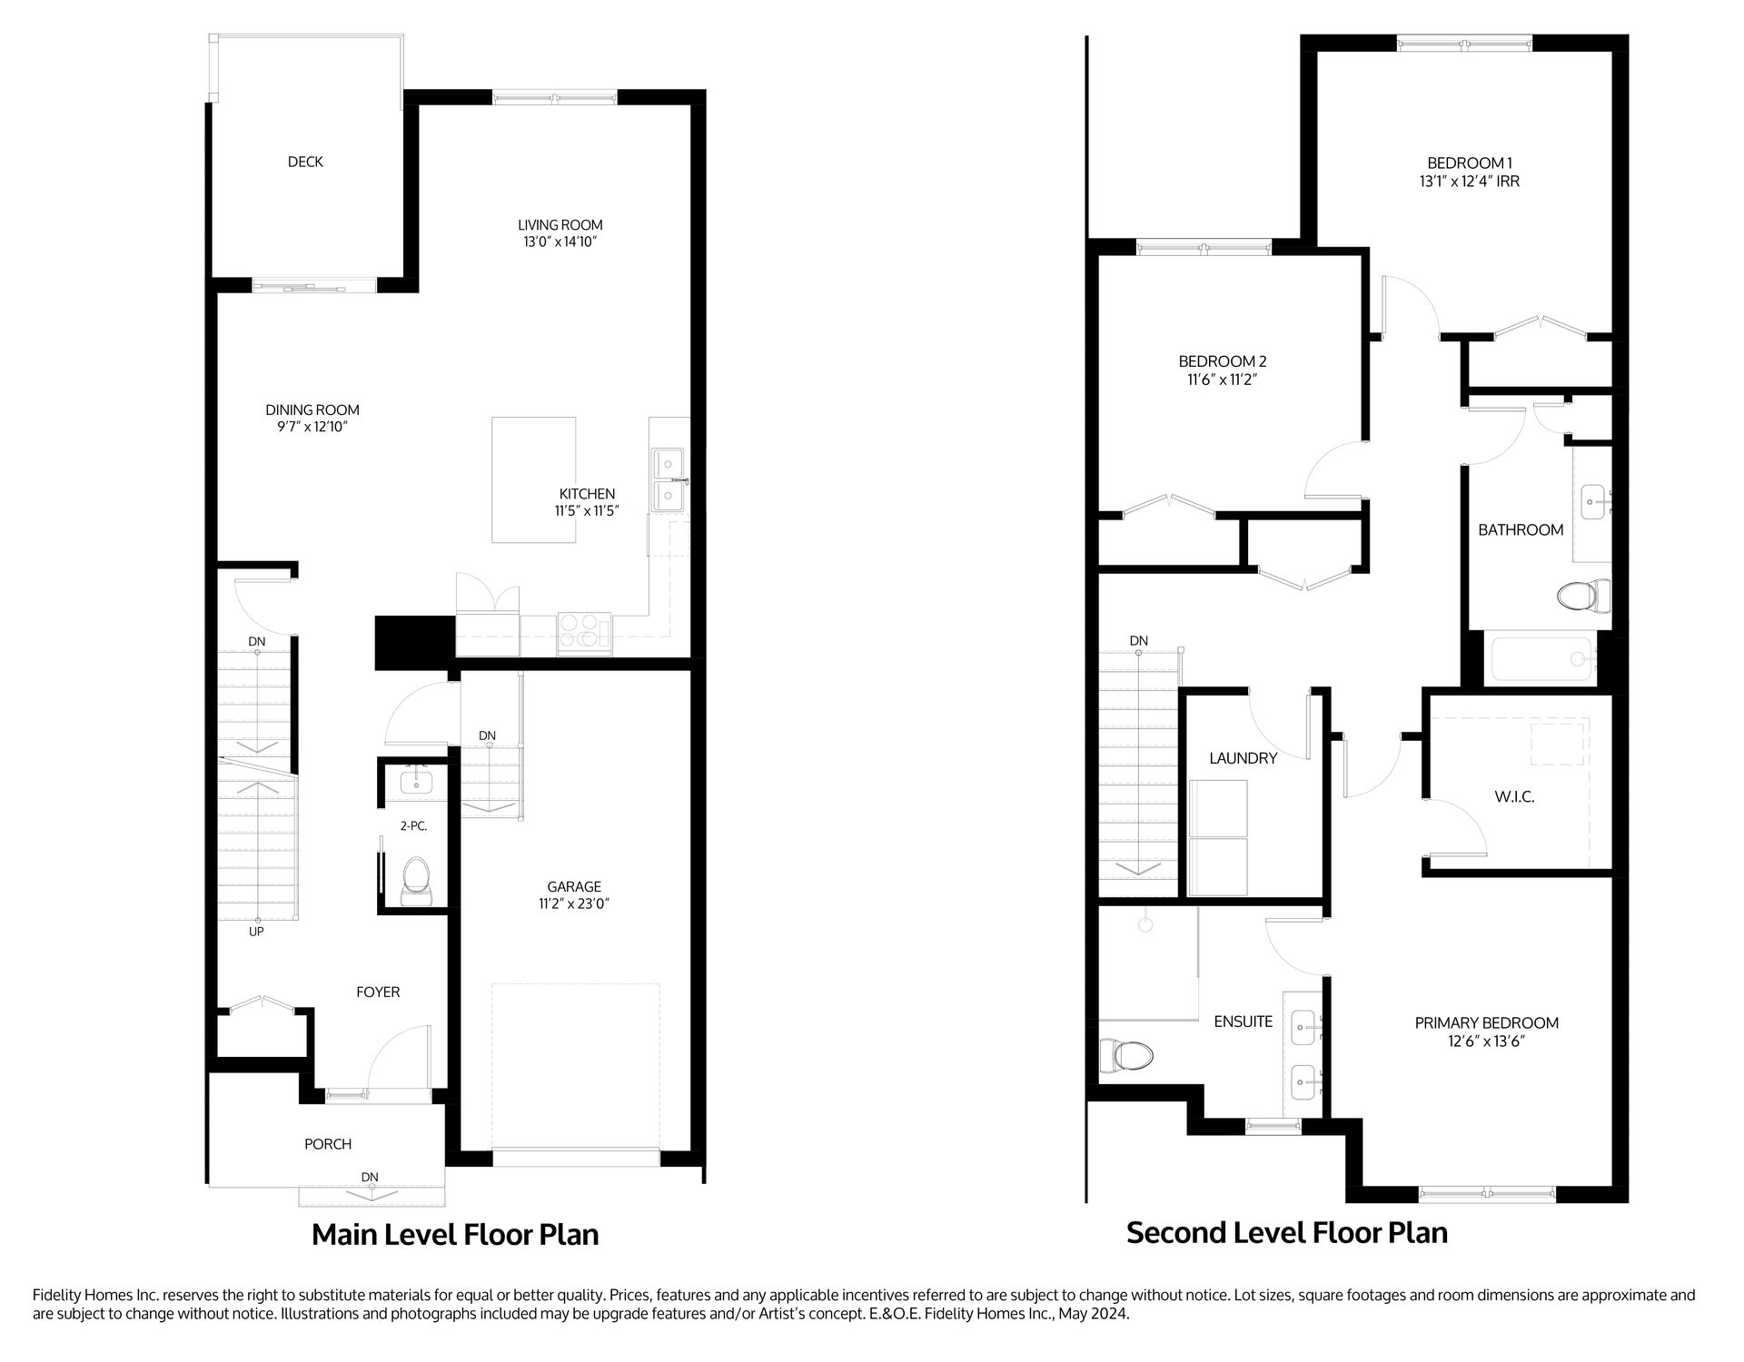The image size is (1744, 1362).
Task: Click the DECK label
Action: click(x=305, y=162)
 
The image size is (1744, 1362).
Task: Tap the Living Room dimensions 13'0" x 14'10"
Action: click(x=560, y=242)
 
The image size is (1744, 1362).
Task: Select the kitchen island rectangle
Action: click(x=533, y=479)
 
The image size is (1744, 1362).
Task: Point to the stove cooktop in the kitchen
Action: click(x=585, y=632)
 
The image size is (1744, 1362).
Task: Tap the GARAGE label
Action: click(x=574, y=886)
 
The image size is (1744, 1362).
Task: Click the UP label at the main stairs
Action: click(x=256, y=932)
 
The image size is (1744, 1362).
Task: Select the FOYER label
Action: click(x=378, y=992)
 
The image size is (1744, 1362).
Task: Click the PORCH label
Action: click(x=328, y=1144)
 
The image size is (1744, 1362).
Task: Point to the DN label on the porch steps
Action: click(x=369, y=1177)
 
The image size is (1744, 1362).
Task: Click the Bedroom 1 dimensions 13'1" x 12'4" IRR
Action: click(x=1469, y=181)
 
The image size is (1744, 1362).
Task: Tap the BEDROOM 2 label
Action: click(x=1222, y=361)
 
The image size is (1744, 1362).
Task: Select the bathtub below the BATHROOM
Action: click(x=1541, y=659)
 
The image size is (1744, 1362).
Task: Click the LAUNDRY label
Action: click(x=1243, y=758)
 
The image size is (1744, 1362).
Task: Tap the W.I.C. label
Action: click(x=1514, y=796)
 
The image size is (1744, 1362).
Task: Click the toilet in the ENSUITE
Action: click(x=1125, y=1055)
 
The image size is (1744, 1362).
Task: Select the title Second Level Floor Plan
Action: click(x=1286, y=1232)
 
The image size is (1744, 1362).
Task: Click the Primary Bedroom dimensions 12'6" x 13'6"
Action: click(x=1486, y=1041)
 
